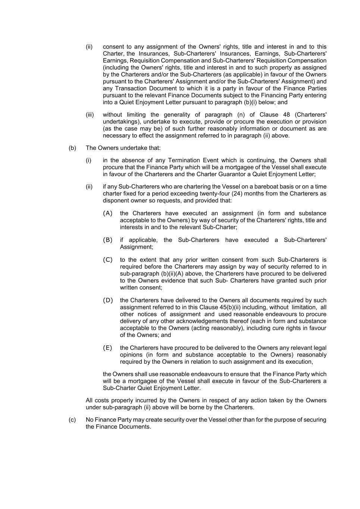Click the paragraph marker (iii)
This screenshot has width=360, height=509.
click(90, 114)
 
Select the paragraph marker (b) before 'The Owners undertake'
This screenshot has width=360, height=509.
click(72, 148)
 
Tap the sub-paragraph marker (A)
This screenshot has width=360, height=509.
click(107, 213)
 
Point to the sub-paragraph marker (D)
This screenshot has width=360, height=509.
click(108, 300)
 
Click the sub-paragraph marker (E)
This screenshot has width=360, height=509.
click(107, 348)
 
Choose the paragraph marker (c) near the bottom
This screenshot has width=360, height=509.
click(72, 420)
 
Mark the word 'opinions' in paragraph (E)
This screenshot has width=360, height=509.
click(131, 355)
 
